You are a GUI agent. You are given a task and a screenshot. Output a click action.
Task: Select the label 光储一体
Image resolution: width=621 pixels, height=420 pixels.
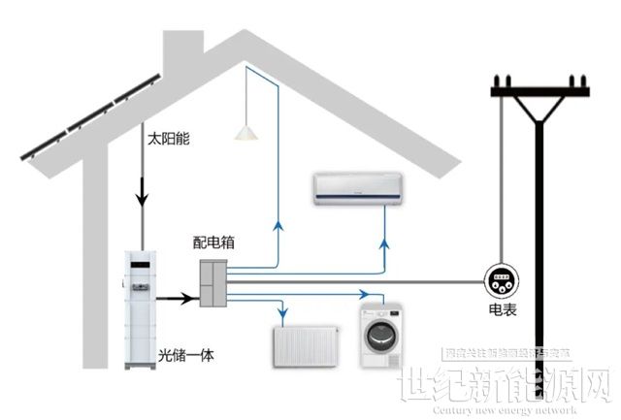coord(185,356)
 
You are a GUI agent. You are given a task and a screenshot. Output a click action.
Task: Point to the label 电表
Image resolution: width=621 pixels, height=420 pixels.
coord(502,313)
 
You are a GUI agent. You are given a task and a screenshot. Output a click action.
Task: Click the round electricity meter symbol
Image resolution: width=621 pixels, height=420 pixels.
coord(501,281)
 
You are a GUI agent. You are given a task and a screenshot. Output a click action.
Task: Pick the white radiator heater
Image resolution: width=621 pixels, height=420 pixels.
coord(305,345)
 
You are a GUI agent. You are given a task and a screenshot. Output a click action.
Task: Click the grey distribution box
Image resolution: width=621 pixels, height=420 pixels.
coord(213,282)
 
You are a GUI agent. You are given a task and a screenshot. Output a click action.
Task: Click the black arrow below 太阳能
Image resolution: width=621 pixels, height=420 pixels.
coord(142,200)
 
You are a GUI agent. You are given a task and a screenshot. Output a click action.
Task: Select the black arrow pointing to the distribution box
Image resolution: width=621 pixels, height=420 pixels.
coord(181,299)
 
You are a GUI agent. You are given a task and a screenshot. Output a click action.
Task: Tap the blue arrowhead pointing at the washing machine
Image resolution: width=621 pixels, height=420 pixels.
coord(364,294)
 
